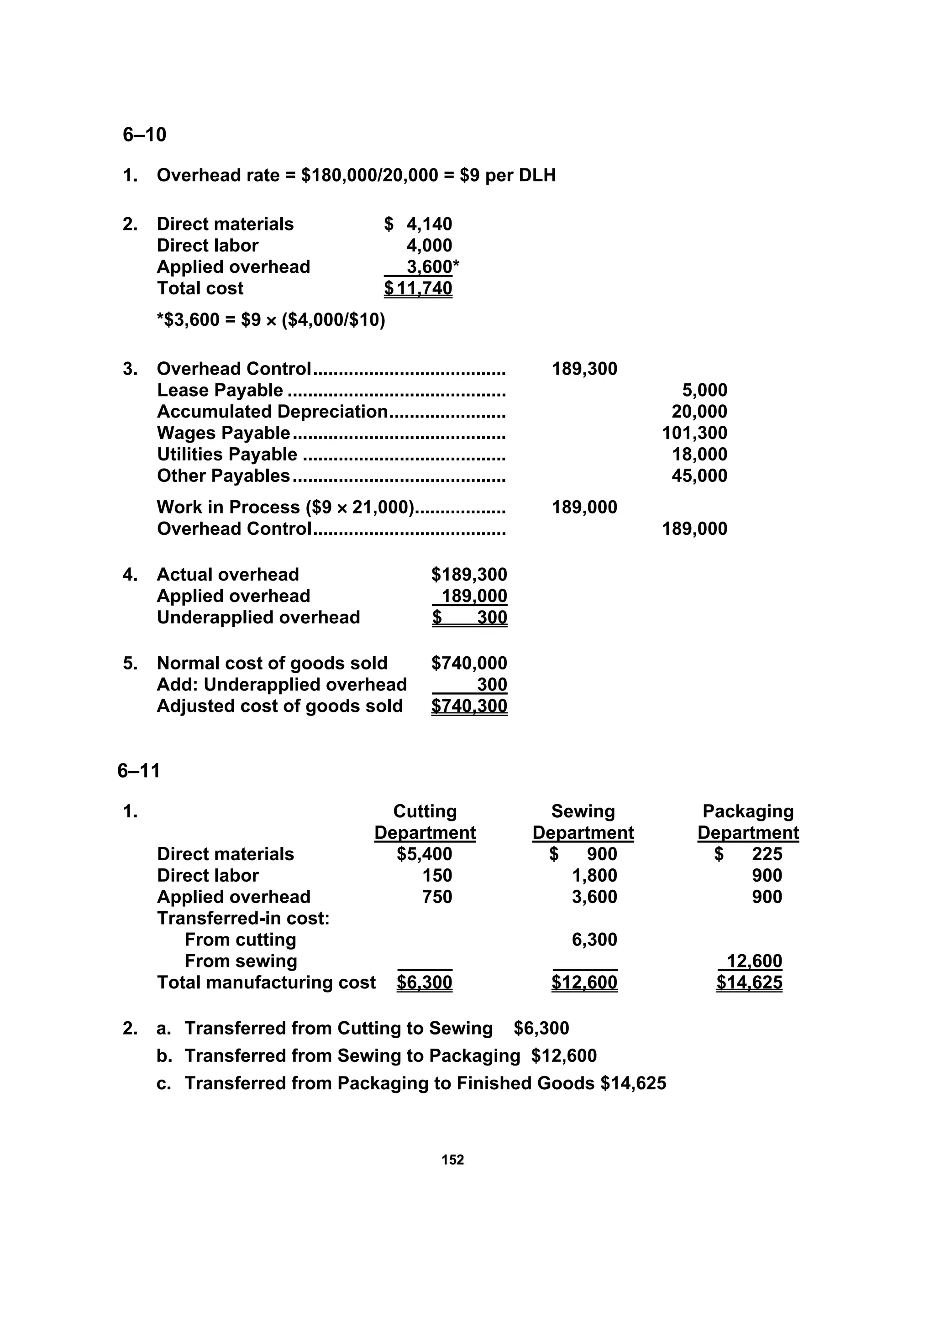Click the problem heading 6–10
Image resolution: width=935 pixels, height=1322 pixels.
click(144, 135)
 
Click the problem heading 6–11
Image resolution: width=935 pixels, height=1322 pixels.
click(138, 770)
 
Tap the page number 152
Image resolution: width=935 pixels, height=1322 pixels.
click(453, 1160)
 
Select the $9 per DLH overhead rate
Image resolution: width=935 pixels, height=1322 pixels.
click(508, 175)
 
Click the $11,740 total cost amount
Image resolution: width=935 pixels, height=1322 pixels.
click(418, 288)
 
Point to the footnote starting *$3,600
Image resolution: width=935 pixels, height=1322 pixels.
click(271, 319)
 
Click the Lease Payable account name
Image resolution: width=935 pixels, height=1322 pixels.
click(220, 390)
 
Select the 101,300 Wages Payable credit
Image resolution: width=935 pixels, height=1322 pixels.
click(694, 433)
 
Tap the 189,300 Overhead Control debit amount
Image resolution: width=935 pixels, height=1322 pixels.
click(584, 369)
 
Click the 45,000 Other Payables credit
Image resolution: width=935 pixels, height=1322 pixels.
click(699, 476)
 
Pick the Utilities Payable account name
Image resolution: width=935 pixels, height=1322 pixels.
click(227, 455)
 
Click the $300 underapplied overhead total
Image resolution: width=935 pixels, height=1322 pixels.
click(469, 617)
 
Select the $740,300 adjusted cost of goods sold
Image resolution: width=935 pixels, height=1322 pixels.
click(469, 706)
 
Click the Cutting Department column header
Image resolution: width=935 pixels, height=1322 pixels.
click(425, 822)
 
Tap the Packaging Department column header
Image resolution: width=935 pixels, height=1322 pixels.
click(748, 822)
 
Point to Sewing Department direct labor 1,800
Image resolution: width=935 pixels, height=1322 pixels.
click(594, 875)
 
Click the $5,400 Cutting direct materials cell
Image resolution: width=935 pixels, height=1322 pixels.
click(424, 854)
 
